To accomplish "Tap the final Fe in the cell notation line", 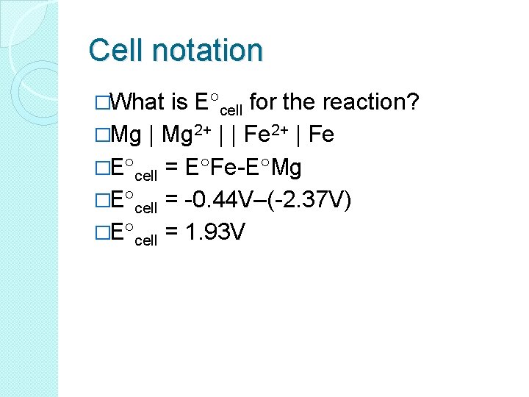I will [322, 135].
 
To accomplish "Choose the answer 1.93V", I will [215, 233].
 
